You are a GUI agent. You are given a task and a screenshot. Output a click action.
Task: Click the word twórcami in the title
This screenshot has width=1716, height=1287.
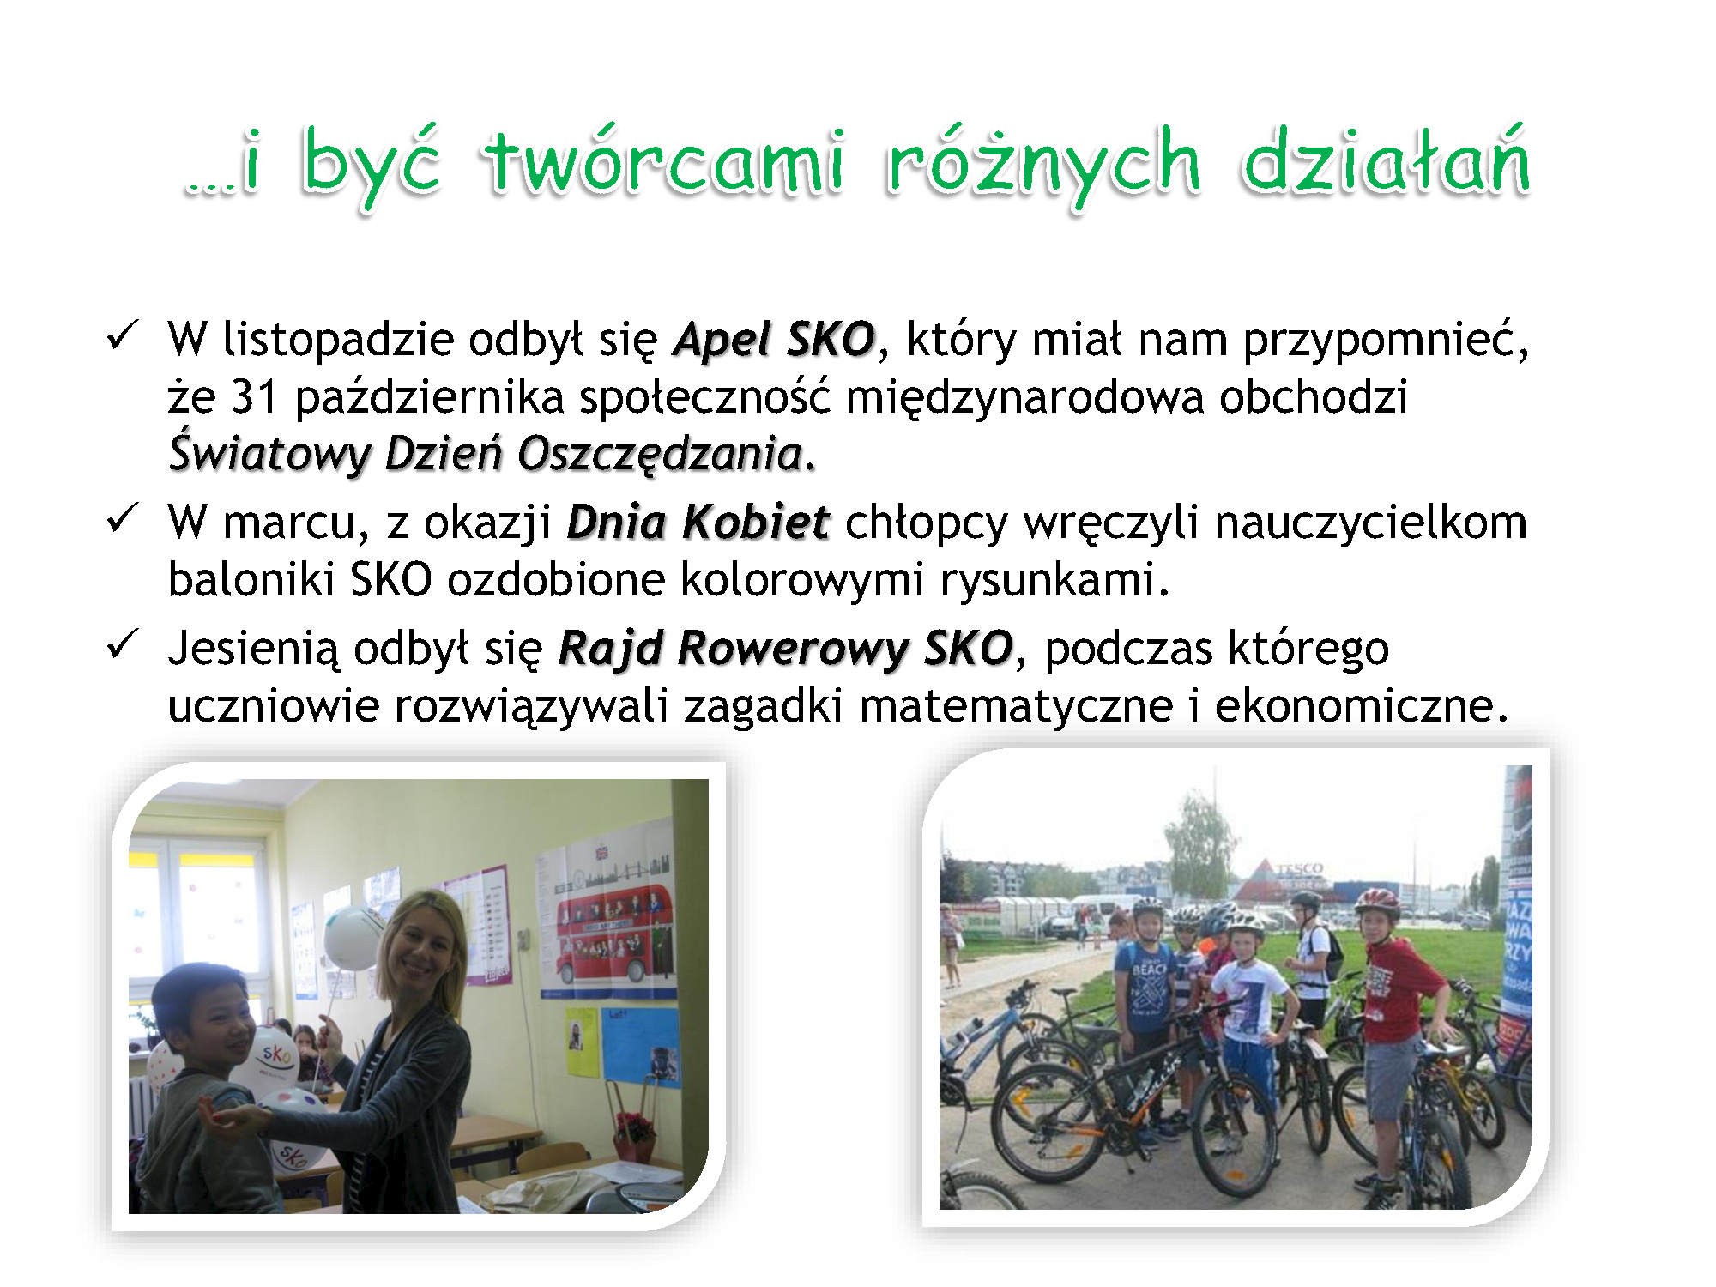(x=665, y=160)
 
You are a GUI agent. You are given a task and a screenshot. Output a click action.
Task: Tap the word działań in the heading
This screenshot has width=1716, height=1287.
(x=1386, y=160)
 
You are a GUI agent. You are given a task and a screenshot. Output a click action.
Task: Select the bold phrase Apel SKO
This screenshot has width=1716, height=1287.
(x=774, y=340)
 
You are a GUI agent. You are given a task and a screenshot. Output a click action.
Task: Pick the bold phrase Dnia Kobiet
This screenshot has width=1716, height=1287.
(x=698, y=523)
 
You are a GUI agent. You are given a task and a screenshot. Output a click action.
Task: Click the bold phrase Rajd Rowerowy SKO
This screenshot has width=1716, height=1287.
(x=785, y=649)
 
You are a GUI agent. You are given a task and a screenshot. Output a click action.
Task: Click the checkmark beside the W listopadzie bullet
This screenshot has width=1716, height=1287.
(x=122, y=335)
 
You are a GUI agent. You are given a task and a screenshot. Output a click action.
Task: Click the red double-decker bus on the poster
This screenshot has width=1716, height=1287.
(x=613, y=938)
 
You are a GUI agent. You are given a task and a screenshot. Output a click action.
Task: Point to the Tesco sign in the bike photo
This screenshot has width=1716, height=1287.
(x=1298, y=869)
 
